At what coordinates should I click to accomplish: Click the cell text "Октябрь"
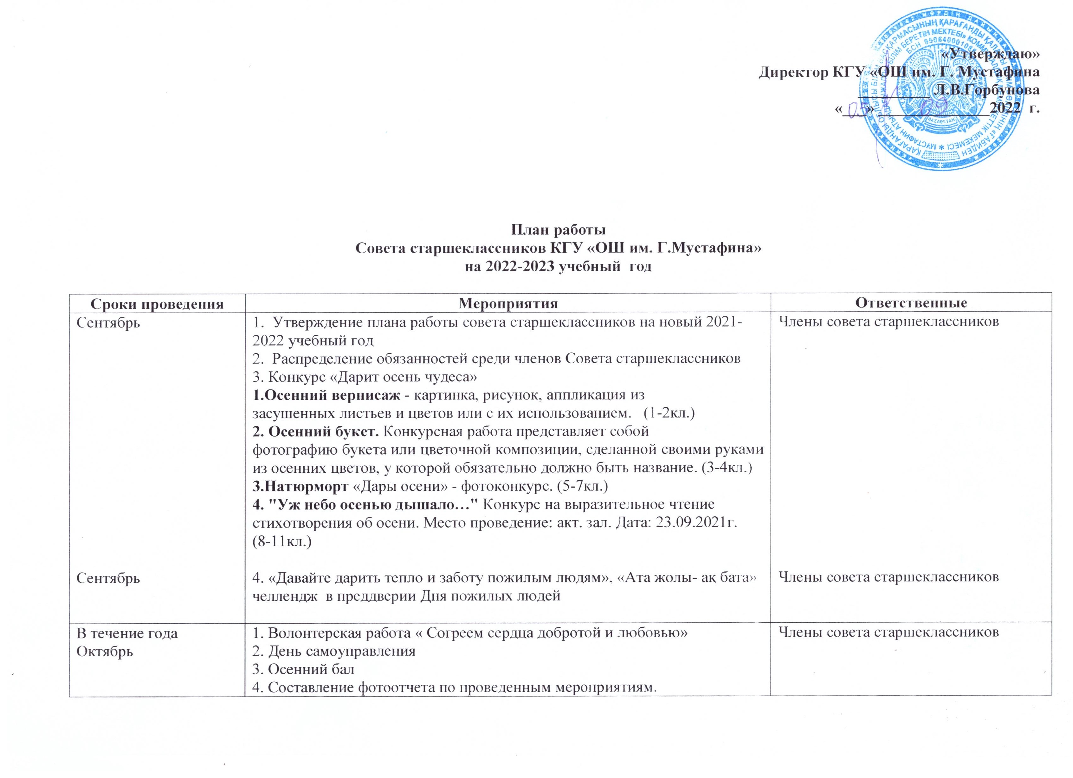(x=105, y=651)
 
